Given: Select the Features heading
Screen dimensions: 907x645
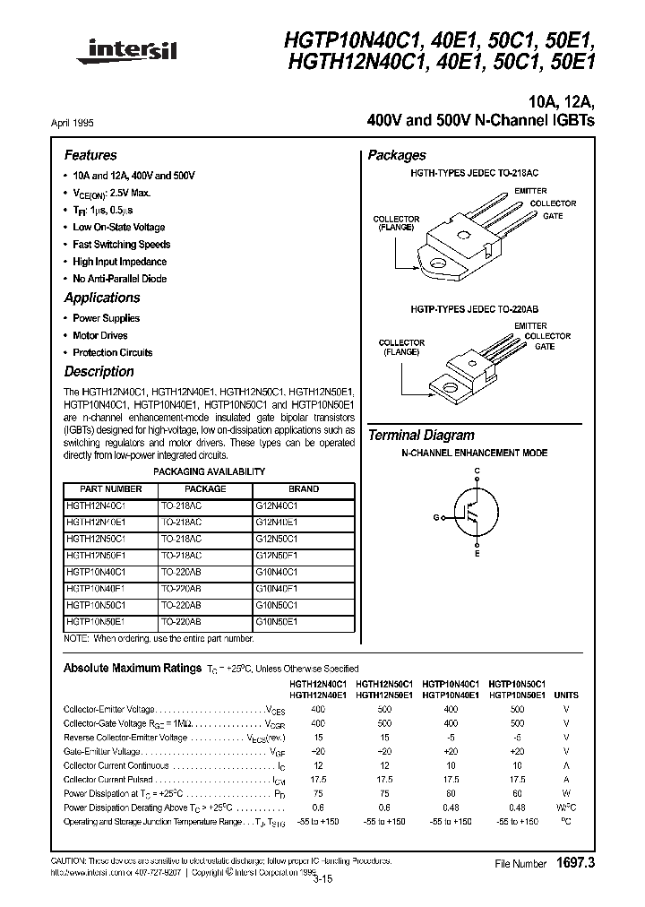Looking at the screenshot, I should (90, 155).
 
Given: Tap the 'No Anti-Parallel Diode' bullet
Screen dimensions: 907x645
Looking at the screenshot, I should (119, 279).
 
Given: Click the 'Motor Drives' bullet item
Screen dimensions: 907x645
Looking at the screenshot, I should (99, 335).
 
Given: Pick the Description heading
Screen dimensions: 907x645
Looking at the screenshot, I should (99, 371).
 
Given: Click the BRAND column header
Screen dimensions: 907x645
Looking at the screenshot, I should (304, 489).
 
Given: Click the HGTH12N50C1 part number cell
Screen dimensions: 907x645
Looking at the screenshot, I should (96, 540).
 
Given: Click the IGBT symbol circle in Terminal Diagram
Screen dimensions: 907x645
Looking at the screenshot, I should (477, 516).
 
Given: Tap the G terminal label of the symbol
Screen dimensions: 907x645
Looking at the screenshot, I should (437, 517).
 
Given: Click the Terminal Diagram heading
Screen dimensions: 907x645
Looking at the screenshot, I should (421, 436).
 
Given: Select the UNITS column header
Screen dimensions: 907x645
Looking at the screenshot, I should (566, 695).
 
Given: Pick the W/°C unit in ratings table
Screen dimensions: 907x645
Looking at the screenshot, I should (566, 807).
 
